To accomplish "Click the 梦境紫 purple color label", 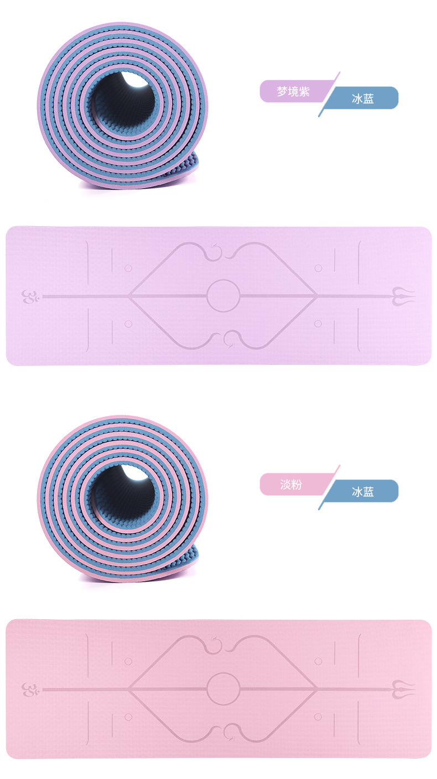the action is click(294, 91).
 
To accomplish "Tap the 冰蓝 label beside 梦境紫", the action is click(362, 98).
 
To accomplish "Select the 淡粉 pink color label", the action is click(292, 484).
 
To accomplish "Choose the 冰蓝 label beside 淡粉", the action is click(362, 492).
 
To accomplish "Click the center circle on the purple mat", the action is click(223, 280).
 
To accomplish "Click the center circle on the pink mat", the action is click(223, 673).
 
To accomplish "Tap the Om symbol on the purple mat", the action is click(29, 297).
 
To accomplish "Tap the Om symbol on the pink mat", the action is click(29, 689).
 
